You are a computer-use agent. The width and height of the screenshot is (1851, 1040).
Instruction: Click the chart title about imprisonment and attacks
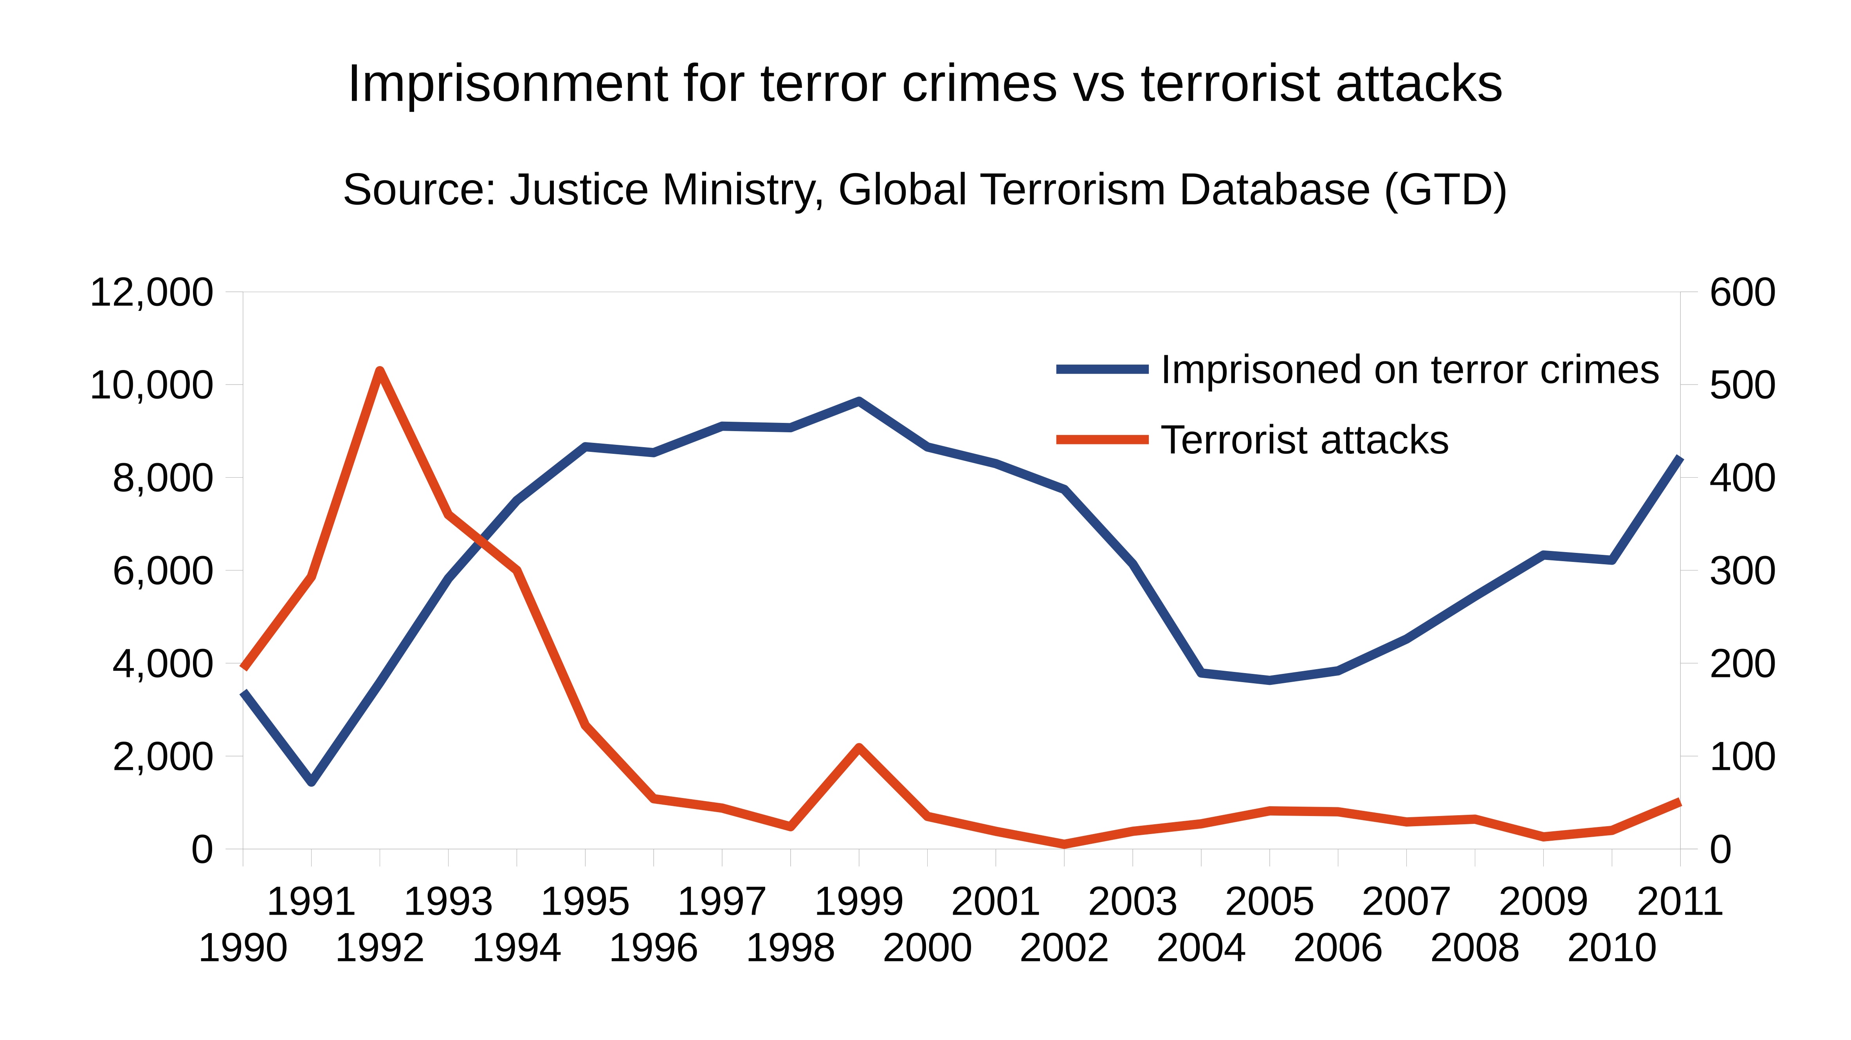tap(925, 84)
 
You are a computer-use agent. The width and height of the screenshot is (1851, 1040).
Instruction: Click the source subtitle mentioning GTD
tap(925, 190)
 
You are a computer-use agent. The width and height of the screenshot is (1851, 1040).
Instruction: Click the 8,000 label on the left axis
tap(163, 478)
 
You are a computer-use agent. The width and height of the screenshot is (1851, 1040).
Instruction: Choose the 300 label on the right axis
tap(1742, 571)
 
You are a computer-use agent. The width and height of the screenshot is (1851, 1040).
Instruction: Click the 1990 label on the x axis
tap(243, 948)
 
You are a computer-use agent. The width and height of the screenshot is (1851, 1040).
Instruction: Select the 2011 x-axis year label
tap(1680, 902)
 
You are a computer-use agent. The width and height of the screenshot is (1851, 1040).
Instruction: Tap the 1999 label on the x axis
tap(859, 902)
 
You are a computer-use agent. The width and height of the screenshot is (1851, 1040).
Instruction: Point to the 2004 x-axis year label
tap(1201, 948)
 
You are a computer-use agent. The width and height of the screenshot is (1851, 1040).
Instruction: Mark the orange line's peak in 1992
tap(380, 371)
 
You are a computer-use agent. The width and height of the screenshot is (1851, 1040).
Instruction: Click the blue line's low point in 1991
tap(311, 782)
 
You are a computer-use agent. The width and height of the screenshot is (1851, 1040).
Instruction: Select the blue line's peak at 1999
tap(859, 401)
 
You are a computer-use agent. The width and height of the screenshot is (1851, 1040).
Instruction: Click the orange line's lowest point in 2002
tap(1064, 844)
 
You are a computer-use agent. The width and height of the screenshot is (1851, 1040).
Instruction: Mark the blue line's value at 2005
tap(1270, 680)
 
